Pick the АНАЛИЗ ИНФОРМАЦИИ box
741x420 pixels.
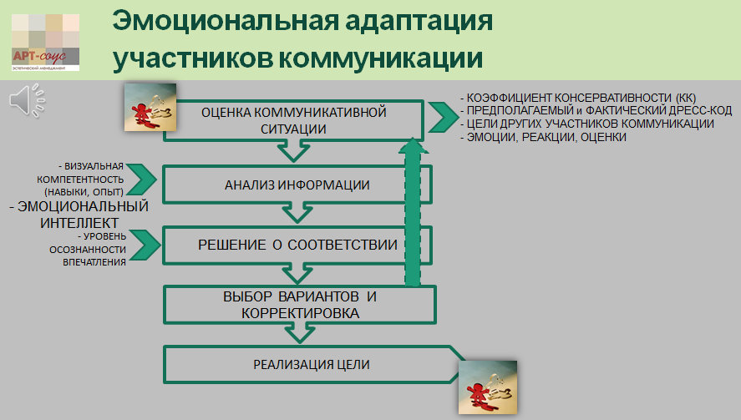point(297,185)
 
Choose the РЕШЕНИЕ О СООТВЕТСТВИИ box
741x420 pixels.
point(297,245)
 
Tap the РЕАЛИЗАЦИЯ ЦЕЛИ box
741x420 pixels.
point(311,365)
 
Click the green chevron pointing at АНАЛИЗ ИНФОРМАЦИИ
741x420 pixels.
point(145,179)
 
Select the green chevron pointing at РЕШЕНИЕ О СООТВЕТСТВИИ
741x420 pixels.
point(145,243)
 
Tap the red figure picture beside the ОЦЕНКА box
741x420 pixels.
point(150,107)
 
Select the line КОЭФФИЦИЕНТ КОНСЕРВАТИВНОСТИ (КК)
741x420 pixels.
point(578,97)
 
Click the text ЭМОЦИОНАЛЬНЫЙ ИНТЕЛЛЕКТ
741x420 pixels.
point(79,214)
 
